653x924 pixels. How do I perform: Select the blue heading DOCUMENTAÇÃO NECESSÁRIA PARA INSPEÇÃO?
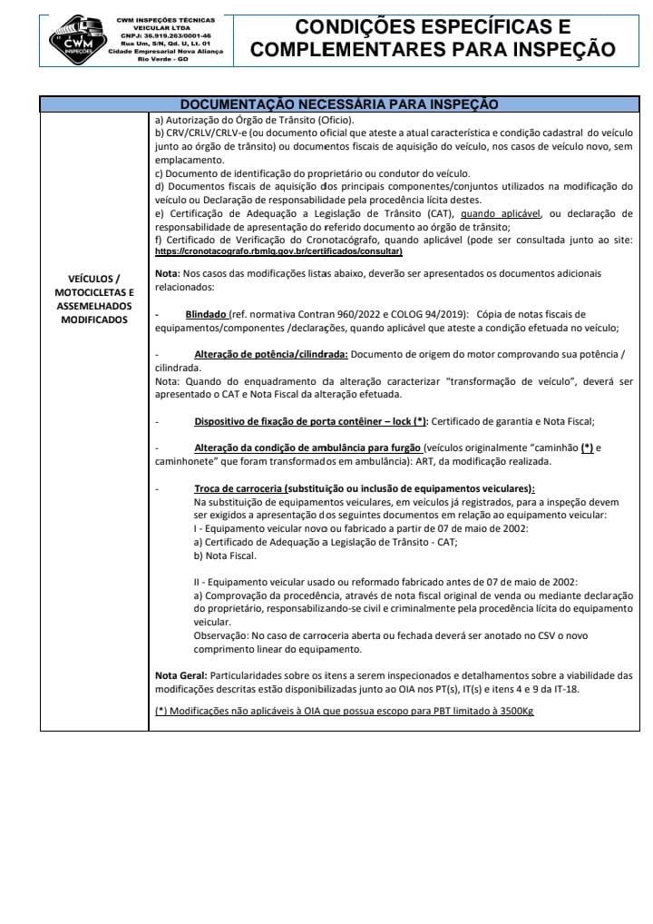(339, 104)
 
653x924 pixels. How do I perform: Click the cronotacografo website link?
(278, 251)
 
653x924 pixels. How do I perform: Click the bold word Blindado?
(206, 314)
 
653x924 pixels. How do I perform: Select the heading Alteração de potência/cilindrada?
(270, 354)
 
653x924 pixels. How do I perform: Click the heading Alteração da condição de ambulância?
(307, 447)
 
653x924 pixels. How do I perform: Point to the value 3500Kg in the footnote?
(512, 711)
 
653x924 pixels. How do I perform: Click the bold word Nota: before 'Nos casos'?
(167, 273)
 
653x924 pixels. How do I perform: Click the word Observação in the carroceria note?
(224, 636)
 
